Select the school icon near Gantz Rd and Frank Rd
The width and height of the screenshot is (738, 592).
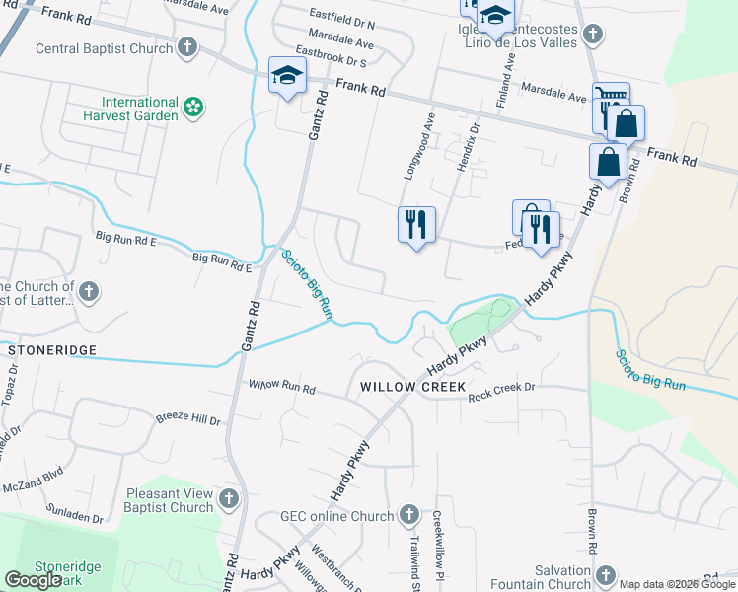pos(288,76)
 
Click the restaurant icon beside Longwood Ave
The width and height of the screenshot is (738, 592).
pos(416,224)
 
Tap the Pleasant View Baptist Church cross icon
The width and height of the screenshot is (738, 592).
pos(230,498)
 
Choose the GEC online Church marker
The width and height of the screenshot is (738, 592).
pos(410,514)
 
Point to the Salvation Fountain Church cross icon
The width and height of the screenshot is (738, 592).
pos(606,575)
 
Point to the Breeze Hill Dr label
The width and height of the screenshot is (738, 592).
pos(187,419)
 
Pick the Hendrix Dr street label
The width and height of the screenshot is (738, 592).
pos(466,143)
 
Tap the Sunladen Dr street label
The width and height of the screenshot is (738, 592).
pos(75,517)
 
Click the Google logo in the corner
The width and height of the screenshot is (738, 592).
pos(33,580)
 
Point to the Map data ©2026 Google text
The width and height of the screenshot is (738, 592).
pos(677,584)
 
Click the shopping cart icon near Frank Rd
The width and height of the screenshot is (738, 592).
pos(609,98)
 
